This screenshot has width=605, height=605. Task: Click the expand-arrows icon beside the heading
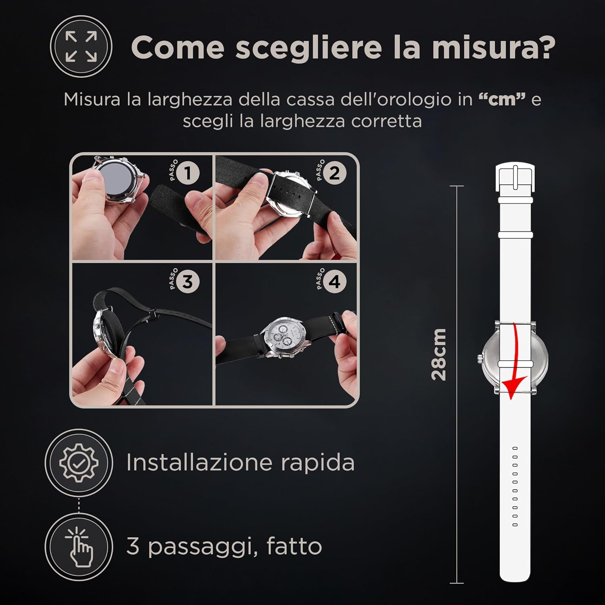(81, 47)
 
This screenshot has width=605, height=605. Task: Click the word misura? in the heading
(493, 47)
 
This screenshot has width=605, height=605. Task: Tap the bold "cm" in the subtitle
(502, 99)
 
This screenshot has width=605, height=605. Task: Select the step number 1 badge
(188, 173)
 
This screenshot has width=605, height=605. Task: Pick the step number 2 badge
(334, 173)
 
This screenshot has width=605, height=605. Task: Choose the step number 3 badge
(188, 282)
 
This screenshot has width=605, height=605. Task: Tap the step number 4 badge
(334, 282)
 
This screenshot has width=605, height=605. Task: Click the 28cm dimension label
(439, 355)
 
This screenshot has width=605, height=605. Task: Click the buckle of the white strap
(515, 177)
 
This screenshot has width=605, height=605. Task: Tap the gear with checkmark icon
(79, 462)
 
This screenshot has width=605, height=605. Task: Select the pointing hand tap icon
(79, 547)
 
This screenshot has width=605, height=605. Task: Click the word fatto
(294, 546)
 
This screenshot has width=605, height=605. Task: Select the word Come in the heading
(177, 48)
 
